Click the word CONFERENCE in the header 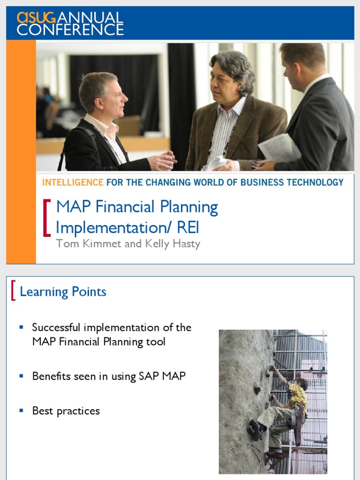[70, 30]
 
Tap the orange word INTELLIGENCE [73, 182]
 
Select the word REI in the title [188, 227]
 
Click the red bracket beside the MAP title [46, 217]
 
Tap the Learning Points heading [63, 292]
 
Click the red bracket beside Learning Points [14, 291]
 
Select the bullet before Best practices [21, 411]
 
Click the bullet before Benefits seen [21, 376]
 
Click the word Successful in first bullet [56, 327]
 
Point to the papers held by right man [279, 148]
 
